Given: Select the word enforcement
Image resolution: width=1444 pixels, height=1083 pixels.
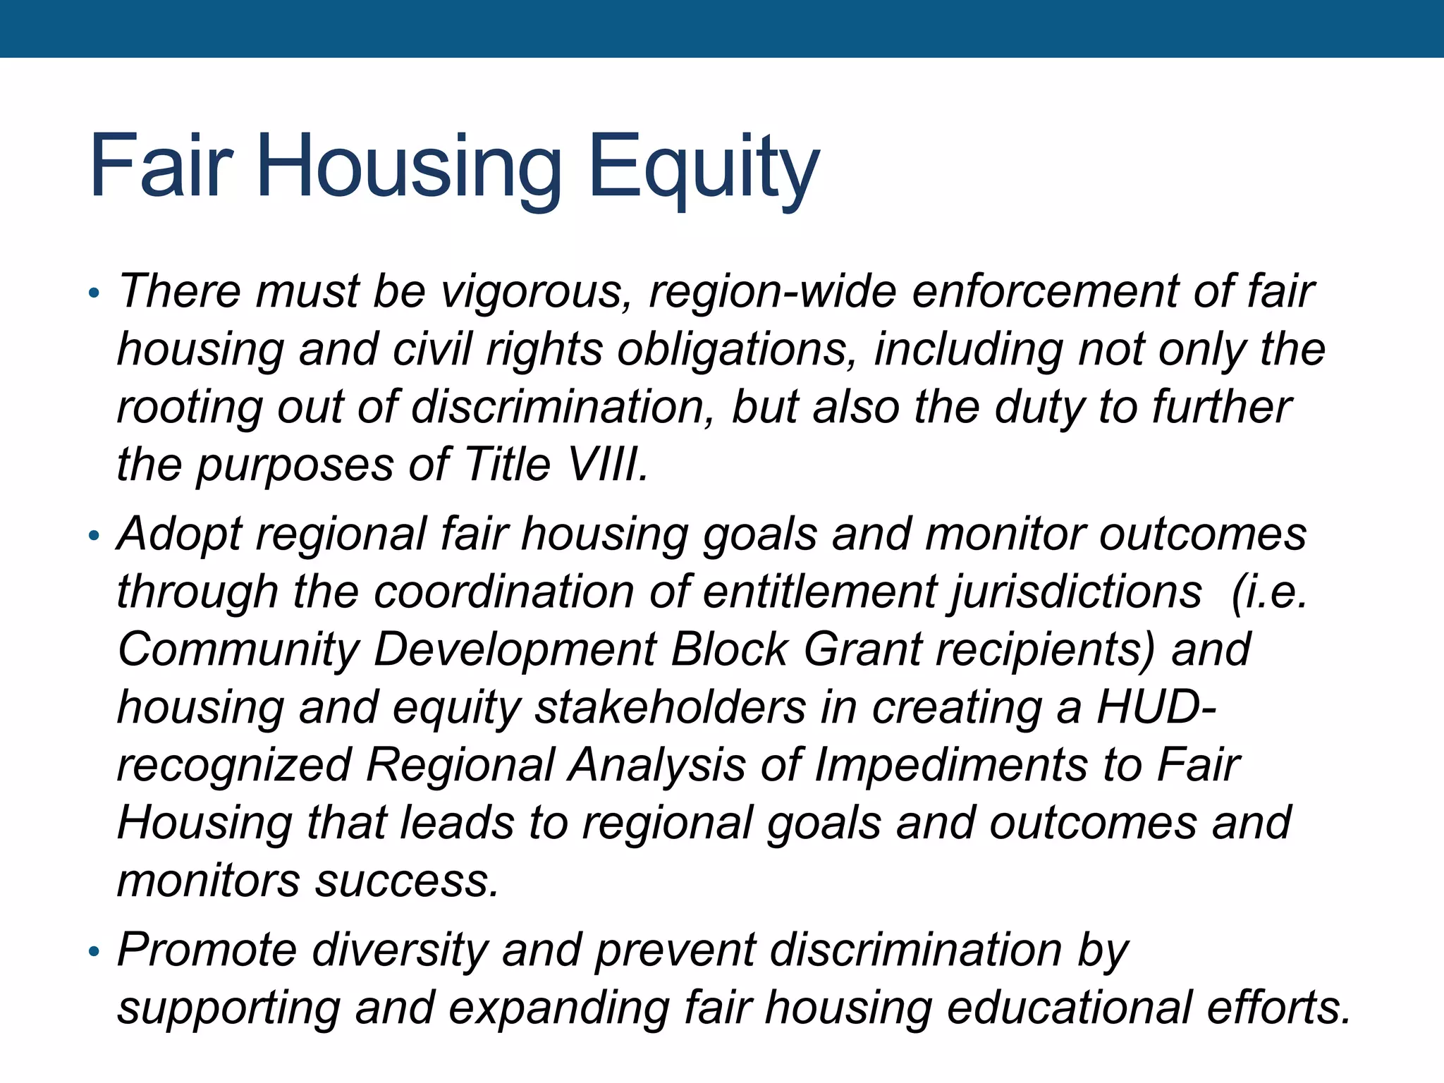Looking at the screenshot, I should click(1044, 292).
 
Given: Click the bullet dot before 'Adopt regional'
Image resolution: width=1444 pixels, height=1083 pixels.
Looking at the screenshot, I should click(94, 537).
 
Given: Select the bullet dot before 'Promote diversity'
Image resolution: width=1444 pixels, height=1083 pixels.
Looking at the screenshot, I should click(94, 953).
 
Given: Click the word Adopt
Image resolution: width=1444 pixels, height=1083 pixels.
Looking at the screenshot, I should click(179, 534).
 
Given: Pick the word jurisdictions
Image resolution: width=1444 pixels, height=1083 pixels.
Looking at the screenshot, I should click(1075, 592).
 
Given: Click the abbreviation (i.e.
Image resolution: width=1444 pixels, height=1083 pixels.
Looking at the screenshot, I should click(1268, 592).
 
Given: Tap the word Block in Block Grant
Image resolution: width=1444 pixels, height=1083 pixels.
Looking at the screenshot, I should click(728, 649).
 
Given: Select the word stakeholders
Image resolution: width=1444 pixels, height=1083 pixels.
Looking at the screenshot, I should click(670, 707).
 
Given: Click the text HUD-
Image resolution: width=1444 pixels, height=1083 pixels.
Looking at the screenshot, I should click(1156, 707).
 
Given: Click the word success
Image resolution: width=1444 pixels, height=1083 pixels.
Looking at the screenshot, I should click(407, 881).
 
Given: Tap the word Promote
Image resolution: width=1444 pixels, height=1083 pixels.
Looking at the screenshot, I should click(207, 950).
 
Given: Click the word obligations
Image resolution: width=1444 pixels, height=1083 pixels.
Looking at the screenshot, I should click(737, 350).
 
